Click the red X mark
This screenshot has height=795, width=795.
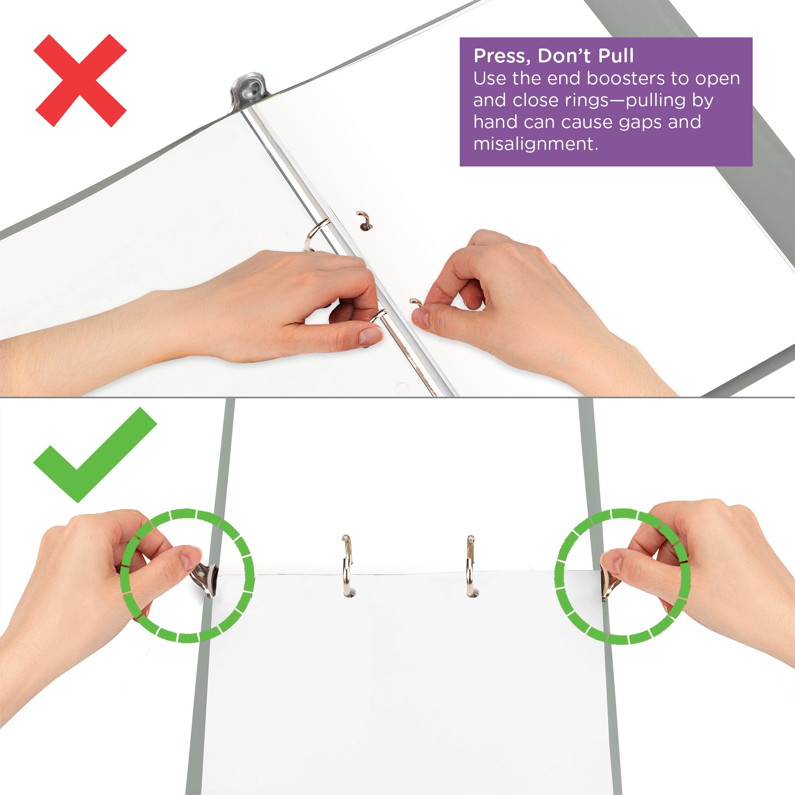[x=80, y=80]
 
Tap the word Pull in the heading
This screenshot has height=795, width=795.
[x=616, y=56]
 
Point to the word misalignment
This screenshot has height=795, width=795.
[x=535, y=144]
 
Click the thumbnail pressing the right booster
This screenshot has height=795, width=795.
[x=611, y=562]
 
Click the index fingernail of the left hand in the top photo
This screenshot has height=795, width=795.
[x=370, y=335]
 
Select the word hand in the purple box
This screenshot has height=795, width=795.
[x=494, y=122]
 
